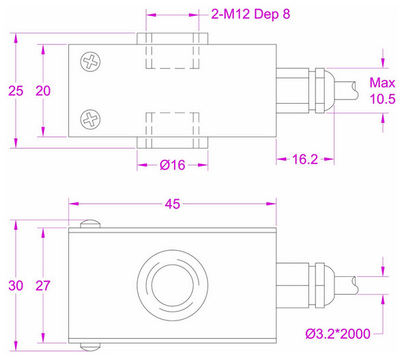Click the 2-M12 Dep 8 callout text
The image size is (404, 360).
click(x=251, y=14)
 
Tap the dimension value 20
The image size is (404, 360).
click(x=42, y=90)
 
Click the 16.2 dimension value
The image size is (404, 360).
click(x=305, y=160)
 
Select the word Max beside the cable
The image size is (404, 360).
click(x=382, y=83)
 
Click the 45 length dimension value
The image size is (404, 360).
click(x=173, y=202)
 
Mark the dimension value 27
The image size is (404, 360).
click(x=42, y=285)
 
